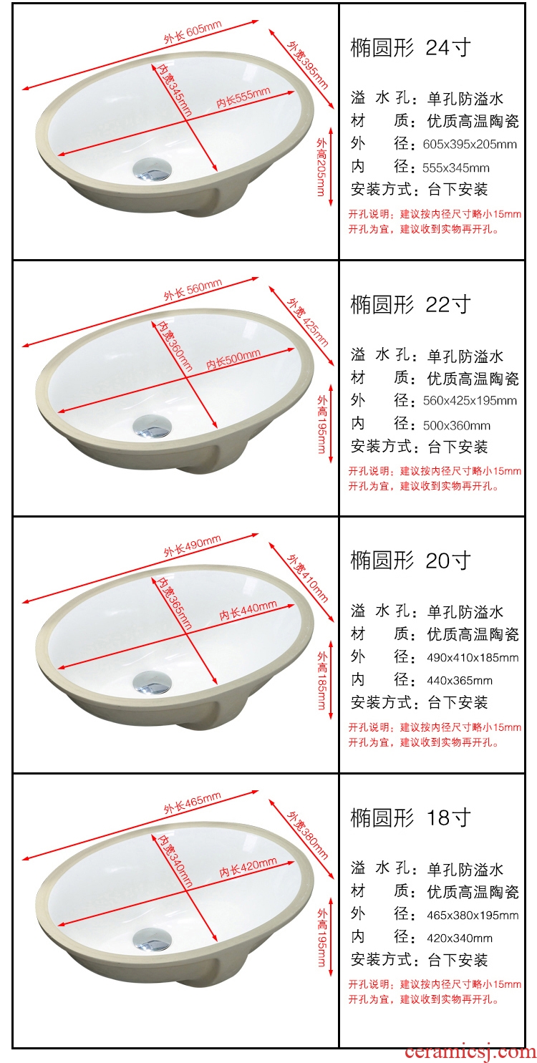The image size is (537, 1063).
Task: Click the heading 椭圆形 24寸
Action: (411, 47)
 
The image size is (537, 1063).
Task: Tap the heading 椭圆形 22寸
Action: (411, 304)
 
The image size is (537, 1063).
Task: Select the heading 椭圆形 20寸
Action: (411, 560)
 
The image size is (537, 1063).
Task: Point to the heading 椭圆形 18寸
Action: (411, 817)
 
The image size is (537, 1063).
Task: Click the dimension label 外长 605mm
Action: (193, 32)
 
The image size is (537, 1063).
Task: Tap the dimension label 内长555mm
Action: (243, 97)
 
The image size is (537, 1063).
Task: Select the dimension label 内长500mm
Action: (233, 359)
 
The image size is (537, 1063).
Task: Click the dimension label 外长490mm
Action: (193, 545)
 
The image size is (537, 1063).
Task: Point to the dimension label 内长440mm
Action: (248, 611)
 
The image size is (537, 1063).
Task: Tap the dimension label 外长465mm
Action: (193, 802)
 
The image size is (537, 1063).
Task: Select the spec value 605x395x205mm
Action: (470, 145)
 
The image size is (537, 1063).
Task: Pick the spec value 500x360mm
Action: (456, 425)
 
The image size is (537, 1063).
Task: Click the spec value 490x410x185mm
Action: (473, 658)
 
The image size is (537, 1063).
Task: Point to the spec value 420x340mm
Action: (460, 938)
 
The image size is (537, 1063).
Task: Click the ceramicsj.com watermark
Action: (470, 1052)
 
